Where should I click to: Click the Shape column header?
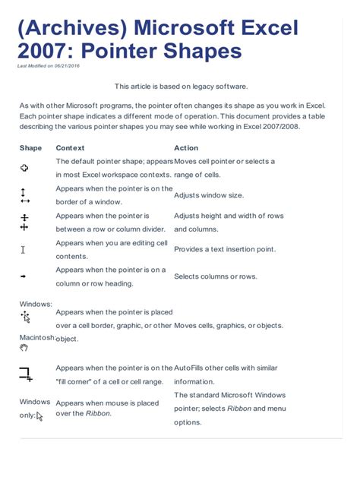click(30, 148)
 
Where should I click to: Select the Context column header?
click(70, 148)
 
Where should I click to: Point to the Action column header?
click(185, 148)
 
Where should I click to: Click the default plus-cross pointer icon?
click(24, 168)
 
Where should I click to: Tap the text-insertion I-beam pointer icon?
click(24, 249)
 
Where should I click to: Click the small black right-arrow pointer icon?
click(24, 276)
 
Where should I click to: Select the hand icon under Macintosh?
click(24, 348)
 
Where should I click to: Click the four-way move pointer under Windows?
click(25, 316)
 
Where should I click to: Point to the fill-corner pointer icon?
click(25, 374)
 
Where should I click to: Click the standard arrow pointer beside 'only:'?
click(39, 415)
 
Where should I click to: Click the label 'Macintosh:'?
click(36, 337)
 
